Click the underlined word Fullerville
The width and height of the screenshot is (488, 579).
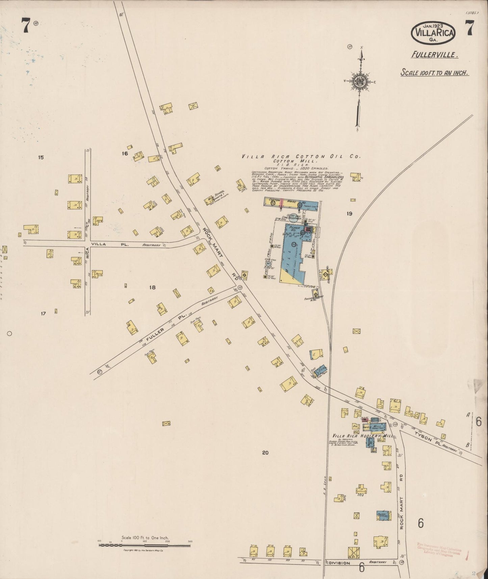(x=434, y=54)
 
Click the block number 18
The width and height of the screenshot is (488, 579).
(x=152, y=287)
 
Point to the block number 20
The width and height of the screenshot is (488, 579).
(x=265, y=453)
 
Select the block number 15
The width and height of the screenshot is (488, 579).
(x=41, y=157)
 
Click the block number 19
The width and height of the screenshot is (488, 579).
(x=349, y=213)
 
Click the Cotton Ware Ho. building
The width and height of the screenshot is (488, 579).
(x=290, y=203)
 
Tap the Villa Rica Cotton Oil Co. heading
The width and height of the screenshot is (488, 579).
(x=301, y=156)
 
